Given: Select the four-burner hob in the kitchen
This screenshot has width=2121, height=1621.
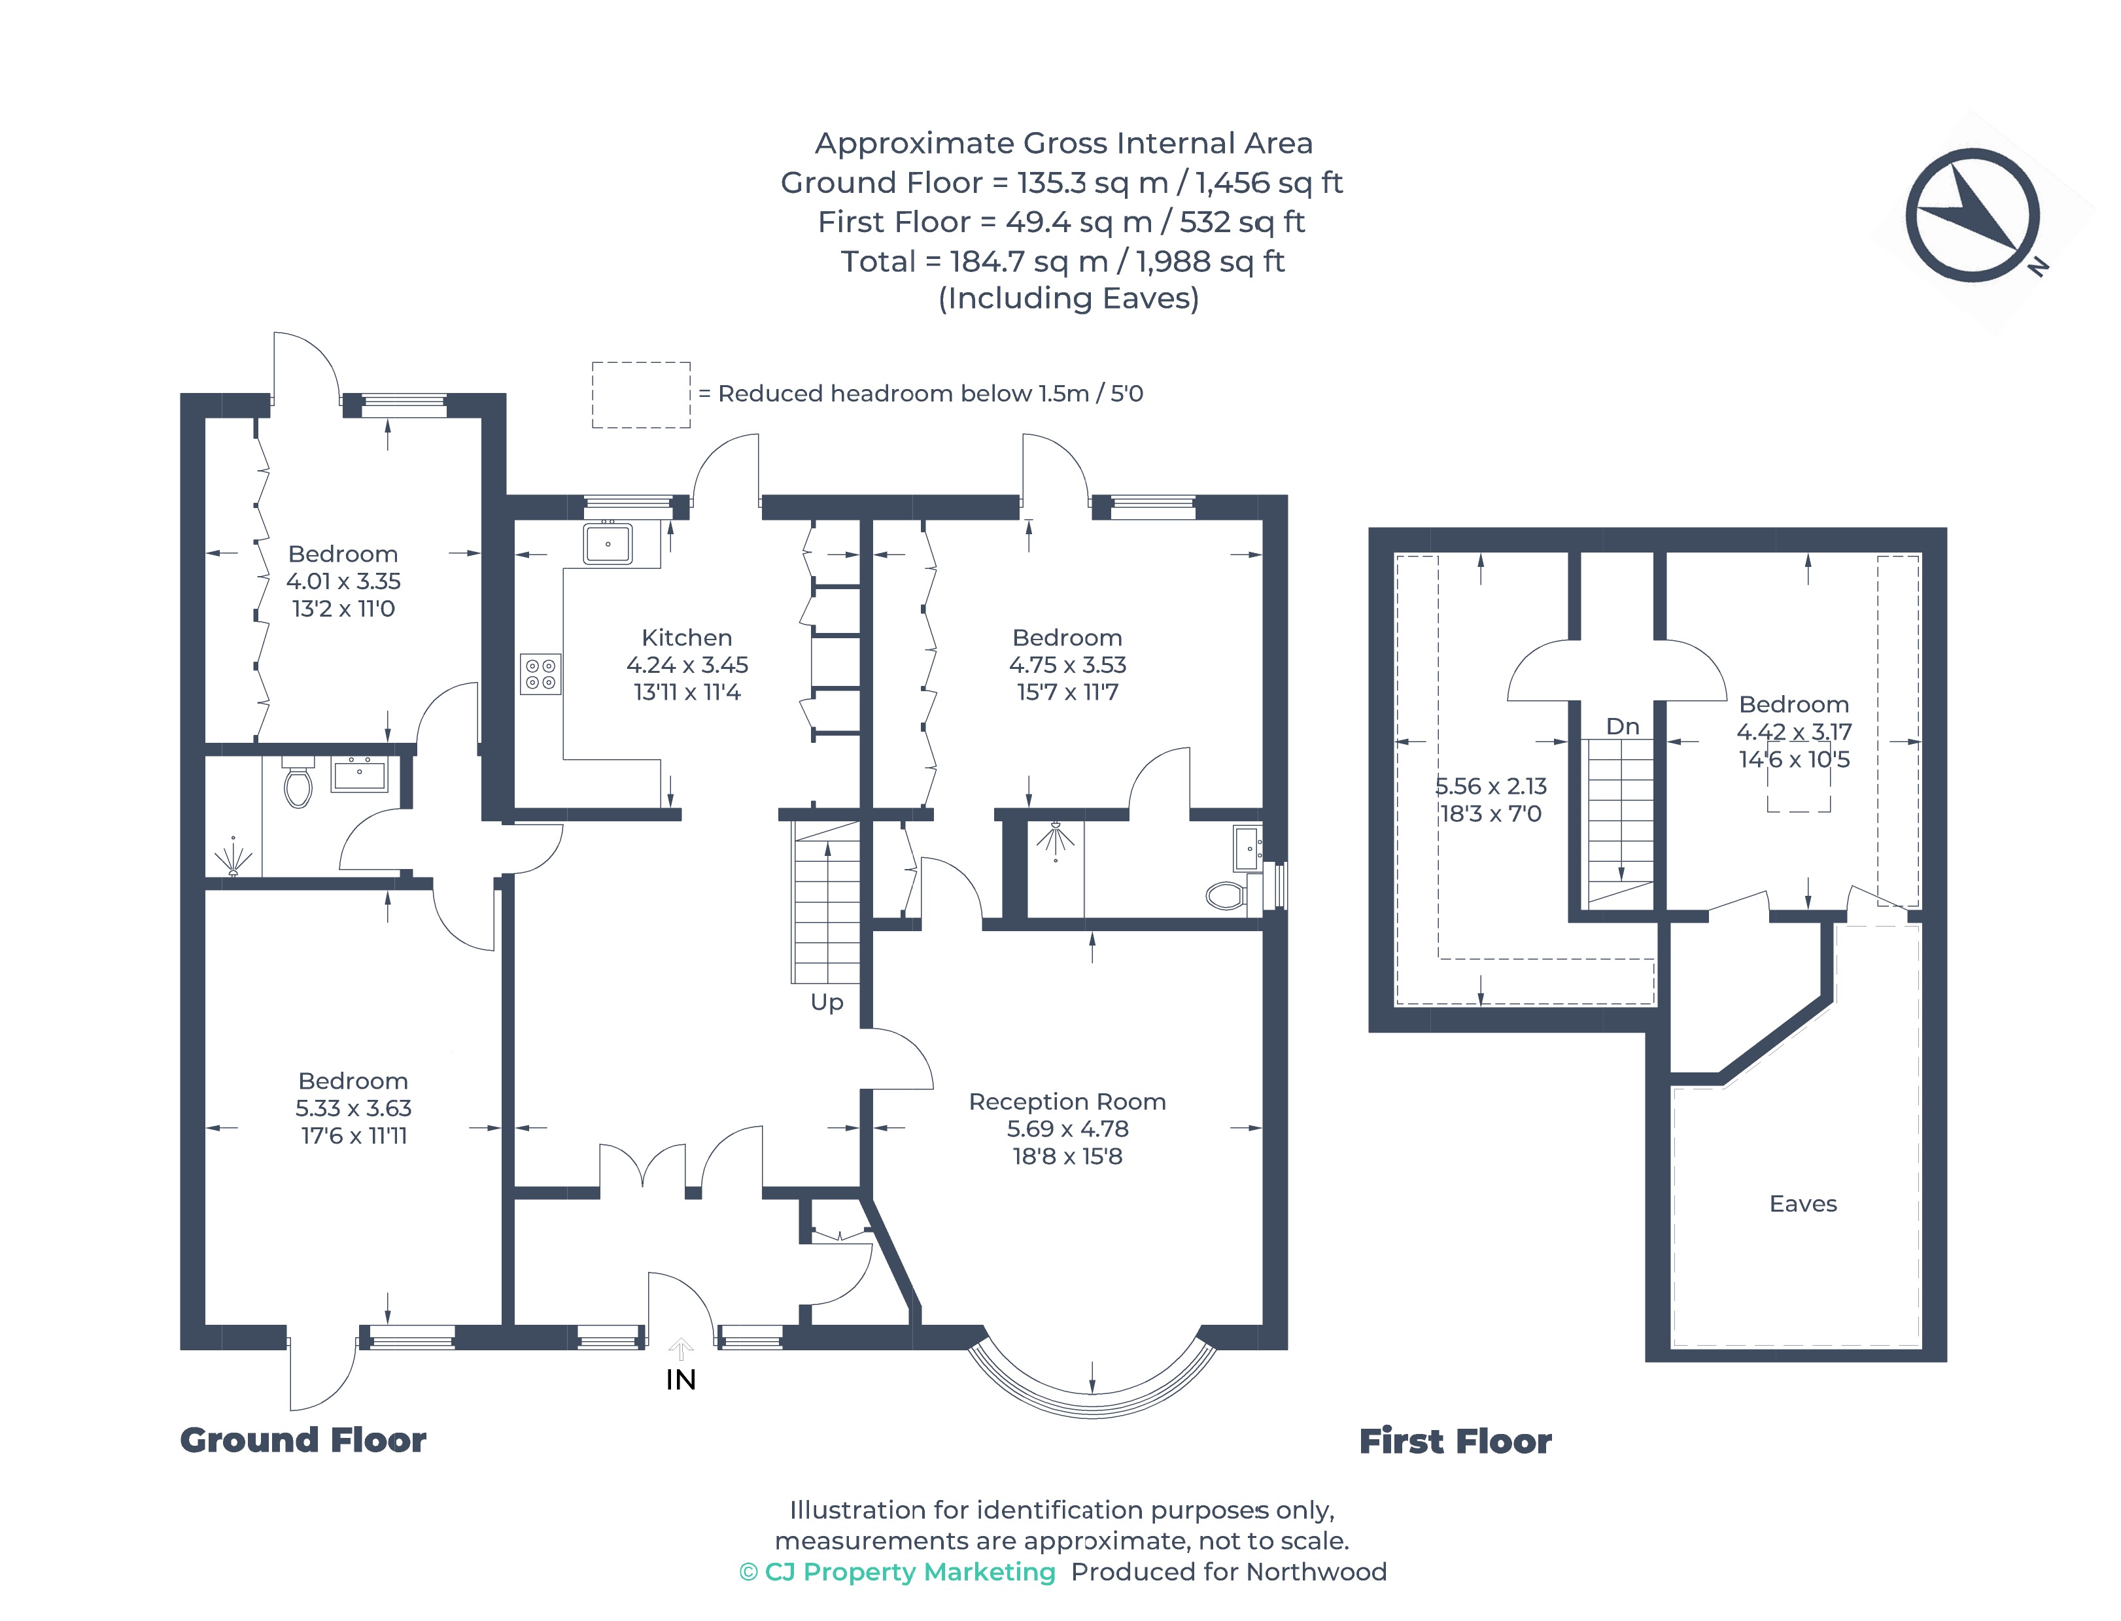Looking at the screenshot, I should [x=540, y=674].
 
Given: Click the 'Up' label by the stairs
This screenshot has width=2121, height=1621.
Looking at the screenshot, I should [x=827, y=1002].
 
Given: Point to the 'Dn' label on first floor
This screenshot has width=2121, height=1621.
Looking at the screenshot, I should [x=1622, y=726].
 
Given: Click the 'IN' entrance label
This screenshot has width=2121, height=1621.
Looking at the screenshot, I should [x=680, y=1380].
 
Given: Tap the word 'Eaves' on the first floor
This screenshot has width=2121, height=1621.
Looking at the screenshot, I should [x=1802, y=1203].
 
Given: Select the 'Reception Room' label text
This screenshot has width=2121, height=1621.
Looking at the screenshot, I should [x=1067, y=1101].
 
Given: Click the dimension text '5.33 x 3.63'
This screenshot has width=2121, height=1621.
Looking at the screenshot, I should [x=353, y=1108].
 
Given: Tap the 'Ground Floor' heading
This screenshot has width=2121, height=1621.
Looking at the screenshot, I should [x=303, y=1440].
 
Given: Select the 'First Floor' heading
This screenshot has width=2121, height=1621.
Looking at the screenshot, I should [x=1455, y=1441].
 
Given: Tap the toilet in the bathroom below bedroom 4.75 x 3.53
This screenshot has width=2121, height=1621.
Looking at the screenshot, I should [x=1226, y=895].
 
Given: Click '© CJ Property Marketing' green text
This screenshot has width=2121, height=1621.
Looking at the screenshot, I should [x=897, y=1572].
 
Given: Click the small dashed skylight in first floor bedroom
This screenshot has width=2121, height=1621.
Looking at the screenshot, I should [x=1798, y=791].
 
